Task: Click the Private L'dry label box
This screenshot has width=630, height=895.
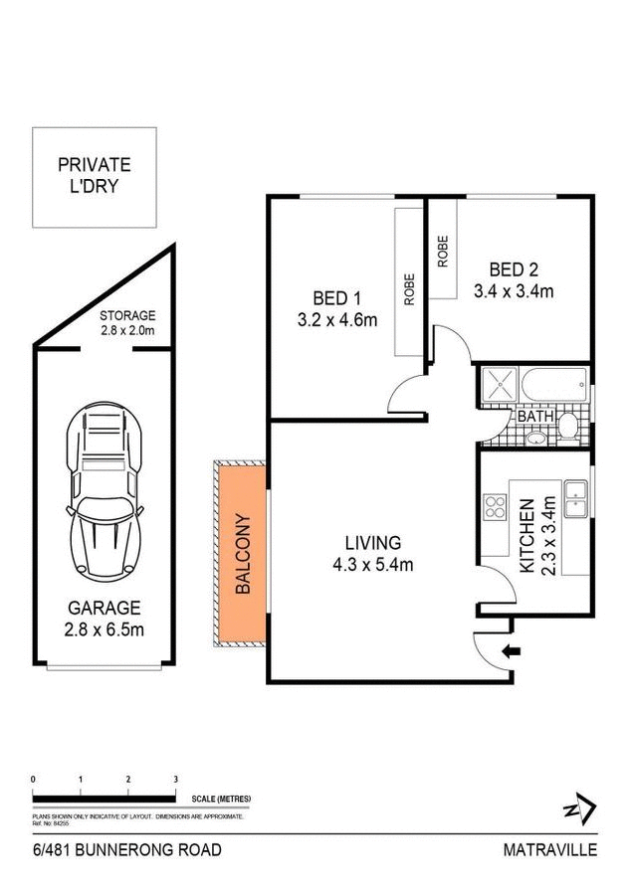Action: [94, 176]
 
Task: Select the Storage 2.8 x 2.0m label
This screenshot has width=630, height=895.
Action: [128, 323]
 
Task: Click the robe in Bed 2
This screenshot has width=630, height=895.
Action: [443, 252]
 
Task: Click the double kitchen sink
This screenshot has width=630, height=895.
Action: [574, 500]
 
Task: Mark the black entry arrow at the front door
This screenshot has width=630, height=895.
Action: [513, 652]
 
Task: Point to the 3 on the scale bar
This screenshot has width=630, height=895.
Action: [176, 779]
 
